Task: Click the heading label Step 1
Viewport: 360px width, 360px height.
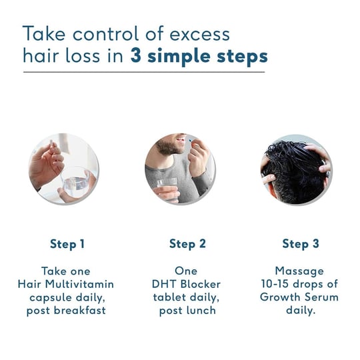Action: click(x=67, y=244)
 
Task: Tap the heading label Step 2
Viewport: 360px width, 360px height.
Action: click(x=187, y=244)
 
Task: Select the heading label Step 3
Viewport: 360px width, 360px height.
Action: click(x=301, y=244)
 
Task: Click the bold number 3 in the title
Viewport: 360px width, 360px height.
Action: click(x=136, y=56)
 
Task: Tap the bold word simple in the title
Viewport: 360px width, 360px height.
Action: click(x=179, y=57)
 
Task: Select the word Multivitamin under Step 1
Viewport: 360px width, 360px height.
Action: click(x=79, y=284)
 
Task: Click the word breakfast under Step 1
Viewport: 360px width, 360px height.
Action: click(x=80, y=311)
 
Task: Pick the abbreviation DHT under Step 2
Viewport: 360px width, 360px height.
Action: click(x=164, y=285)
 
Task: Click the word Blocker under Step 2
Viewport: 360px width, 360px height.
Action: click(x=200, y=285)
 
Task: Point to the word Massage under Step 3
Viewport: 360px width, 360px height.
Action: click(x=299, y=271)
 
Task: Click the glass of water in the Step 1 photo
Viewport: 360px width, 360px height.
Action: click(x=75, y=181)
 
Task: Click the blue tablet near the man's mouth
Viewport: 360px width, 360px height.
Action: click(x=190, y=140)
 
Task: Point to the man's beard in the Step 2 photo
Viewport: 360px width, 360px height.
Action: click(x=169, y=147)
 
